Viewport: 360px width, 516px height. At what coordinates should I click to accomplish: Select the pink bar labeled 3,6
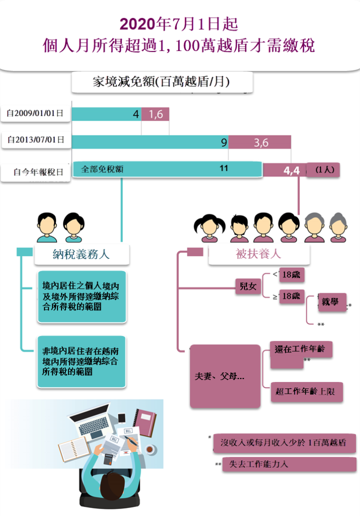[260, 143]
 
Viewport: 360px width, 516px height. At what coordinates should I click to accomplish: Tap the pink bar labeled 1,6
[155, 114]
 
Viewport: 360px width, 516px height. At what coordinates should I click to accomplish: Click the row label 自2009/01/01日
[35, 114]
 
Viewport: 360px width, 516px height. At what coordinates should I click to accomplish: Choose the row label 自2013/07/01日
[36, 141]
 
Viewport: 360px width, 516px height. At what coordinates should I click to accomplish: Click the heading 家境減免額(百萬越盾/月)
[161, 82]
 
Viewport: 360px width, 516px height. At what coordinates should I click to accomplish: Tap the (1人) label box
[324, 170]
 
